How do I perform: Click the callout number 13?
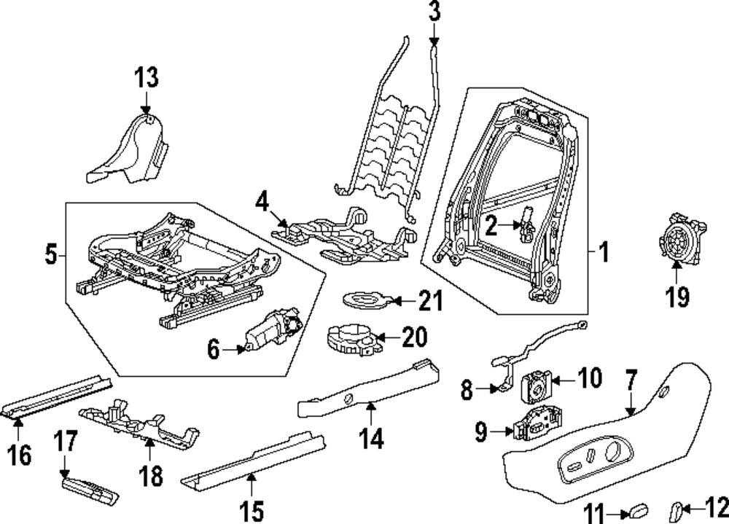tap(147, 77)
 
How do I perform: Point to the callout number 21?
tap(430, 300)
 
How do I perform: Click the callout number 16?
tap(20, 455)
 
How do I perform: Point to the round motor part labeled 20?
tap(350, 340)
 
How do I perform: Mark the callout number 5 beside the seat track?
tap(50, 255)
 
